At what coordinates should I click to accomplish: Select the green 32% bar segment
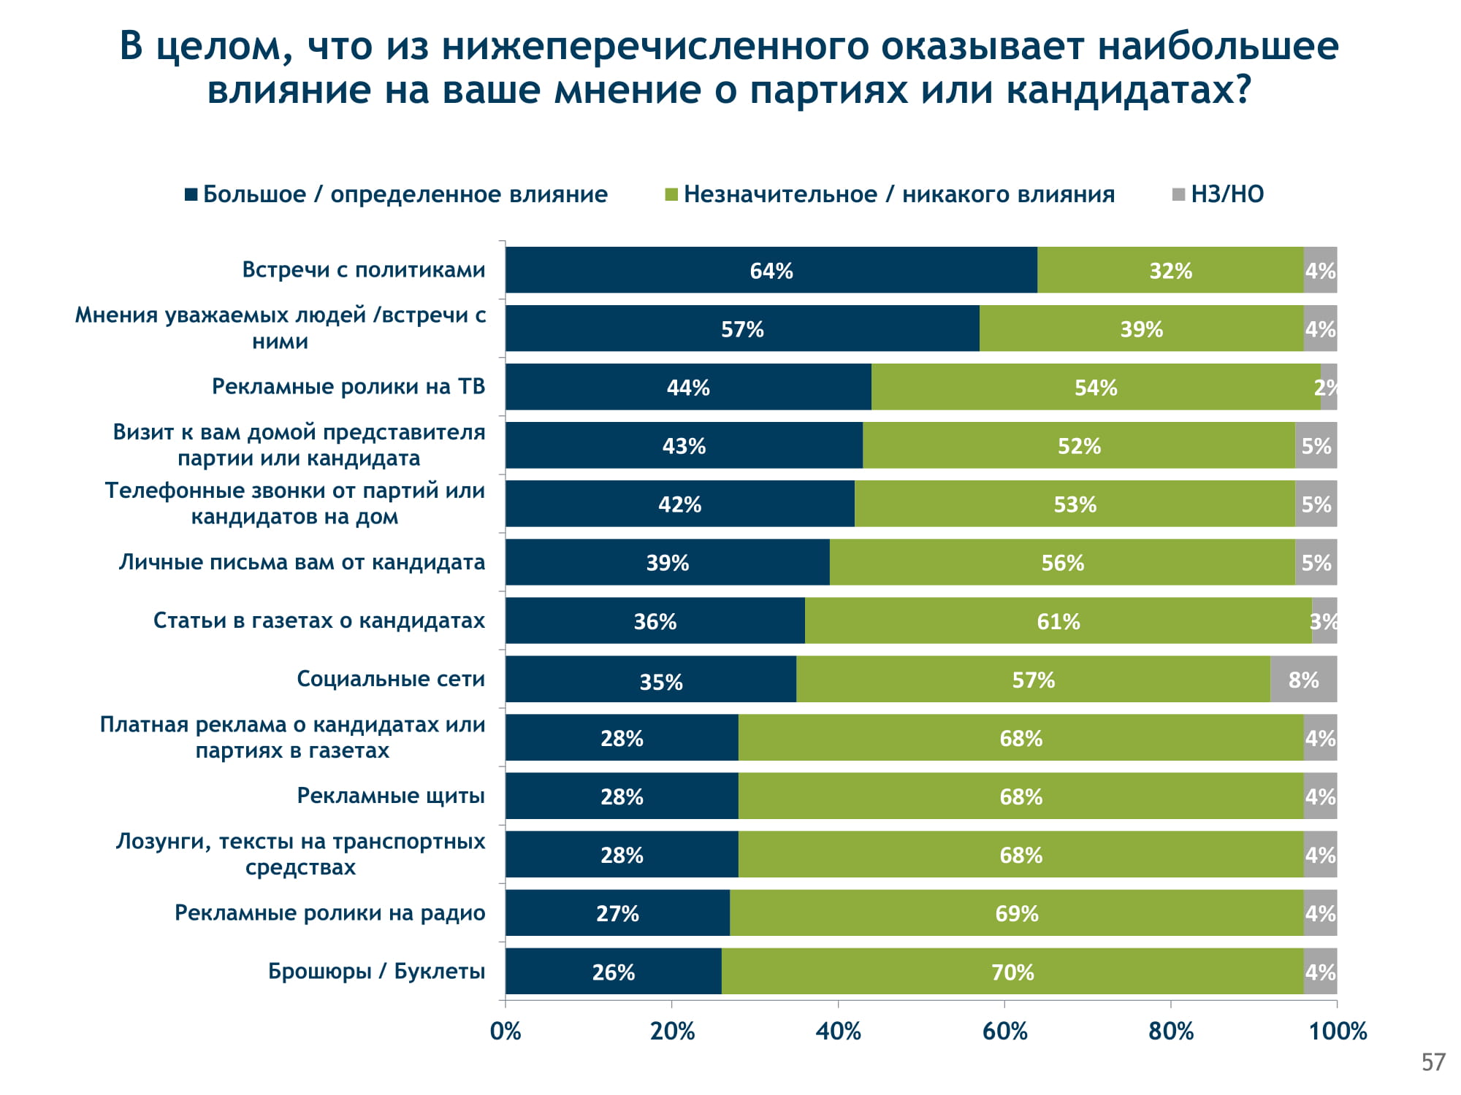pos(1170,270)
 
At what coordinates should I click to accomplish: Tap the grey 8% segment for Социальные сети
pos(1303,679)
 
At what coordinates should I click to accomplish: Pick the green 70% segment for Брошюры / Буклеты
pos(1012,972)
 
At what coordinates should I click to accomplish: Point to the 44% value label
pos(688,388)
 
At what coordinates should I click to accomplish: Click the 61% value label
pos(1058,621)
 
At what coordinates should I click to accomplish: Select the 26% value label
pos(614,972)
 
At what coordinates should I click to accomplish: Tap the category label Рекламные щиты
pos(391,796)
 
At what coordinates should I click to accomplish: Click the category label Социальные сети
pos(391,679)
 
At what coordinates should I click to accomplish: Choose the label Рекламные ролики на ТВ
pos(348,386)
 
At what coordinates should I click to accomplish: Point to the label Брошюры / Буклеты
pos(376,972)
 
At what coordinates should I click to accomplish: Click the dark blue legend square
pos(191,194)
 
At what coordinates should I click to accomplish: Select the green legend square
pos(671,194)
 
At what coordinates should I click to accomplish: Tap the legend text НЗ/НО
pos(1227,194)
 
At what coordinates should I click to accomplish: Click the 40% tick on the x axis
pos(838,1031)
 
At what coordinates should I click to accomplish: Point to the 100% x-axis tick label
pos(1338,1031)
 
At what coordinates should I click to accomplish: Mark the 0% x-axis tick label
pos(506,1031)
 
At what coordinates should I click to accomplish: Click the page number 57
pos(1433,1062)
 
